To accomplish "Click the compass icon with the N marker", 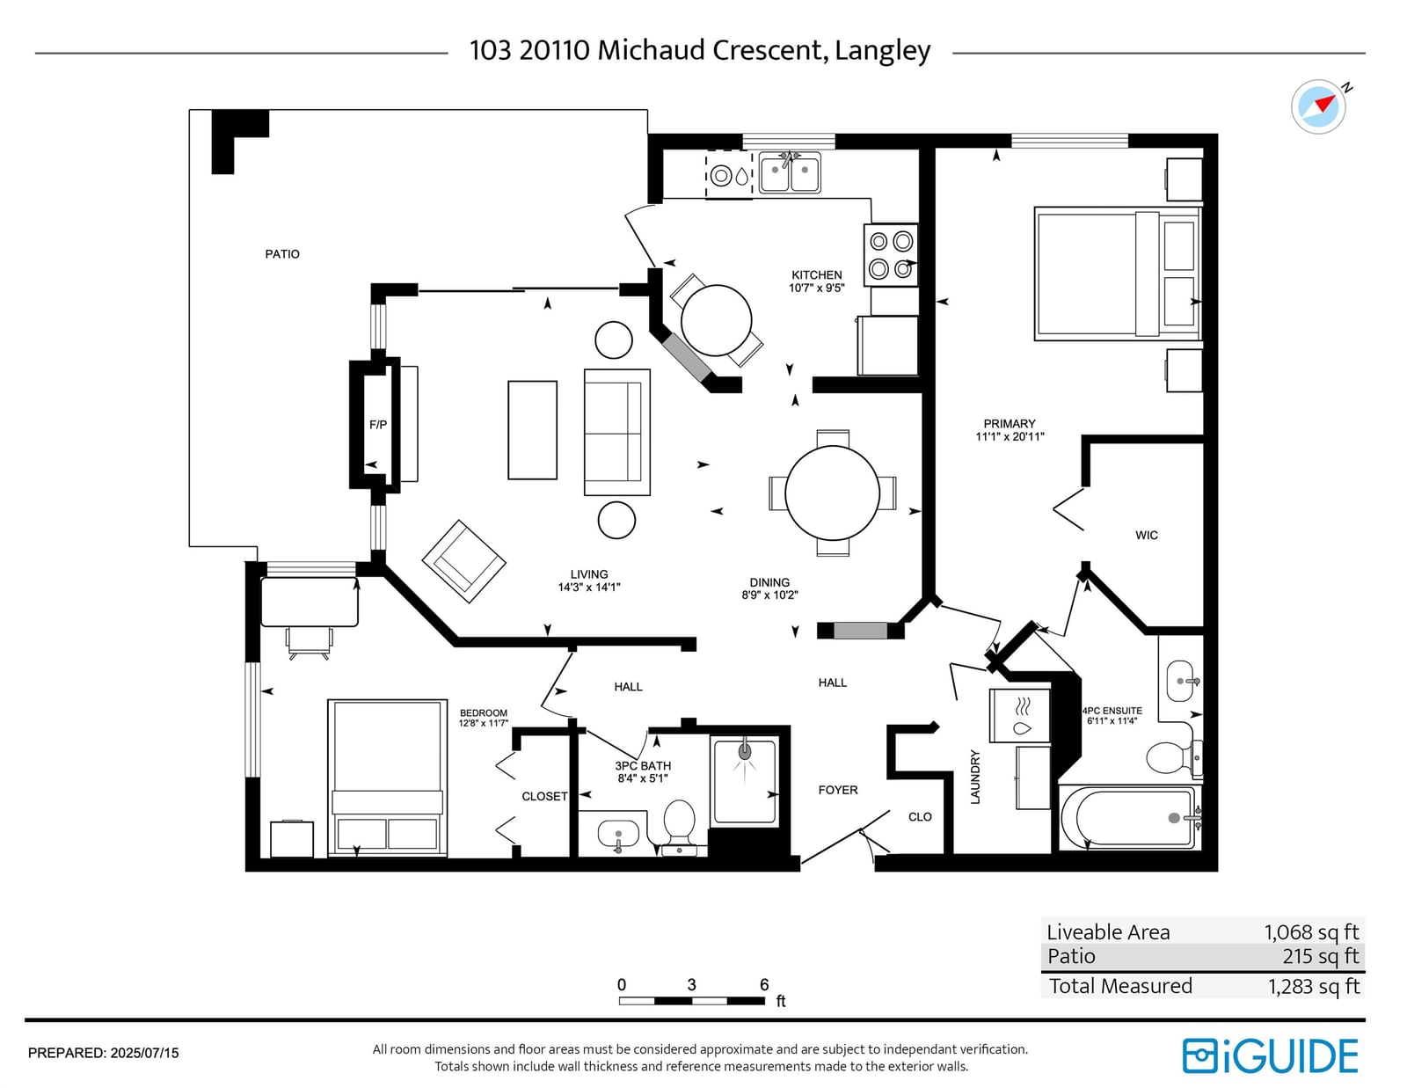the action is (x=1318, y=106).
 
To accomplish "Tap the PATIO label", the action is (x=282, y=254).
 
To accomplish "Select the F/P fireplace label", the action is (x=378, y=425).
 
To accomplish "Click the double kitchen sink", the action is (x=790, y=172).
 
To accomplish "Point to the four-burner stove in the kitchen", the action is (x=890, y=254).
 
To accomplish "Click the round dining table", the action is (x=832, y=493).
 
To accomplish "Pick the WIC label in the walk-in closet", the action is (x=1147, y=535).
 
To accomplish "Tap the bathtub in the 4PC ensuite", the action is (x=1130, y=817).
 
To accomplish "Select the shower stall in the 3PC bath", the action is (x=745, y=782).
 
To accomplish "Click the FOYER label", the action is (x=838, y=790).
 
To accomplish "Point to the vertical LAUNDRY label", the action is (x=975, y=778).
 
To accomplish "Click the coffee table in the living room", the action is (x=532, y=430).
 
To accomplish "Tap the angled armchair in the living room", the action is (x=463, y=561).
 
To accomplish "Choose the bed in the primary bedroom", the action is (x=1118, y=274).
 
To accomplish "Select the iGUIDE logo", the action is (x=1271, y=1056).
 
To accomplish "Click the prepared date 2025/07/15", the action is (x=144, y=1053).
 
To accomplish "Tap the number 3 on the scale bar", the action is (x=691, y=984).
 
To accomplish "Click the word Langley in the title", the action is (x=883, y=50).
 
